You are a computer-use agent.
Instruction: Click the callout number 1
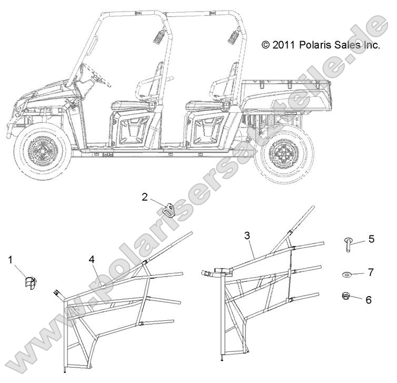pyautogui.click(x=11, y=260)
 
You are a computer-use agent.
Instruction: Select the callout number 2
pyautogui.click(x=145, y=197)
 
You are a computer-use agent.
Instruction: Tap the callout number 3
pyautogui.click(x=247, y=235)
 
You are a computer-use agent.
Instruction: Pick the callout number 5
pyautogui.click(x=371, y=239)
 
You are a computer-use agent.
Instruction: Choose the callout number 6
pyautogui.click(x=369, y=300)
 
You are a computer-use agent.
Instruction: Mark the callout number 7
pyautogui.click(x=371, y=272)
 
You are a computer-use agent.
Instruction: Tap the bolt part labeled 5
pyautogui.click(x=348, y=244)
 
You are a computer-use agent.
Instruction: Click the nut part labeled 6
pyautogui.click(x=345, y=296)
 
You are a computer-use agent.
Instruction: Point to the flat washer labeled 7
pyautogui.click(x=345, y=274)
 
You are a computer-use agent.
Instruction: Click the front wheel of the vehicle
pyautogui.click(x=43, y=151)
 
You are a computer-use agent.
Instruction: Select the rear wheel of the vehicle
pyautogui.click(x=284, y=153)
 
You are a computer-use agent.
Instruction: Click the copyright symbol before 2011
pyautogui.click(x=265, y=45)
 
